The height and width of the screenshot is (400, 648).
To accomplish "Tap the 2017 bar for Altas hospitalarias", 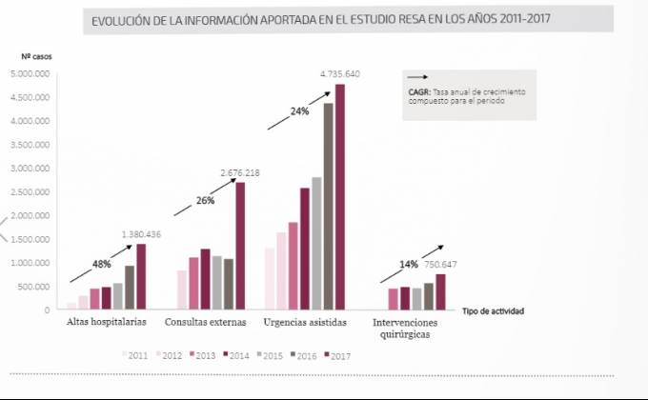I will (141, 277).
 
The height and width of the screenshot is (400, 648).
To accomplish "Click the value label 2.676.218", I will (239, 172).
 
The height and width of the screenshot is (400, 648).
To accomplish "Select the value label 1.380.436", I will (141, 234).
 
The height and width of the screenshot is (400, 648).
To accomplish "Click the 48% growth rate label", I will (102, 263).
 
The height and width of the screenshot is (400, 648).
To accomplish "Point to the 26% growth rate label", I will (205, 201).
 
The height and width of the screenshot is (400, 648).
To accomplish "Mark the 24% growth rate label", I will (299, 111).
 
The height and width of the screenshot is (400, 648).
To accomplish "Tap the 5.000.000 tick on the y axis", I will (30, 74).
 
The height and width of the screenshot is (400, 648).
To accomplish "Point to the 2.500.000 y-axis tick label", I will (30, 192).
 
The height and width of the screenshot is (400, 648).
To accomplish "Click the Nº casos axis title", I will (37, 57).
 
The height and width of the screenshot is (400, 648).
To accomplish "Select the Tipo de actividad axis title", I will (494, 310).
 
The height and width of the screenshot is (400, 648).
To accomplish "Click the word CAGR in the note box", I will (417, 90).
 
